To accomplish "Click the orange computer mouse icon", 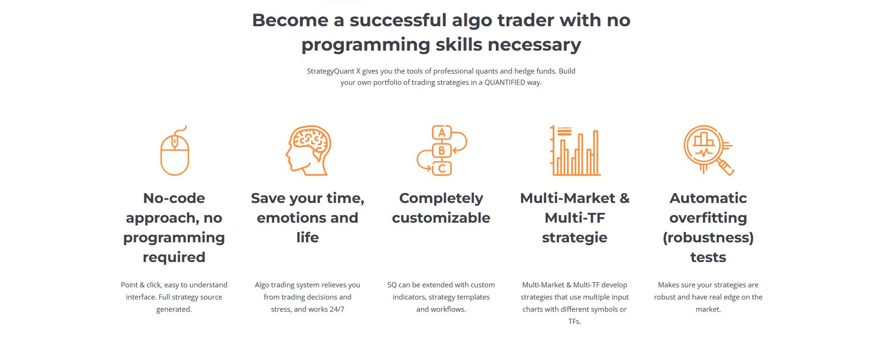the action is point(174,155).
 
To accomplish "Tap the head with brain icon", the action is point(308,150).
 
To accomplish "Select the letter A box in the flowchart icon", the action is point(441,133).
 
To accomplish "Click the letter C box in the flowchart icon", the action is point(441,168).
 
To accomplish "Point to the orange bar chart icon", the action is point(575,150).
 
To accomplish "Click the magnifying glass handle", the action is point(725,167).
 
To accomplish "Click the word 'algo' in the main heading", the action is point(472,21).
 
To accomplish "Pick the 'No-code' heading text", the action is point(174,198).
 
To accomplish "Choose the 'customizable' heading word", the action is point(441,217).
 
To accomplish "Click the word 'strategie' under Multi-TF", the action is point(575,238).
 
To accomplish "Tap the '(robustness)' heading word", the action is point(708,238).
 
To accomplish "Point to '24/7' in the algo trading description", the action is point(336,309).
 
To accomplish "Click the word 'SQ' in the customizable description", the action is point(392,285).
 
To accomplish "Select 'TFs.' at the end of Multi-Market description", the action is point(575,322).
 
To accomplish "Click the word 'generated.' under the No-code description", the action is point(174,309).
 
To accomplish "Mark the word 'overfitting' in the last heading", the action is point(708,218).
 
